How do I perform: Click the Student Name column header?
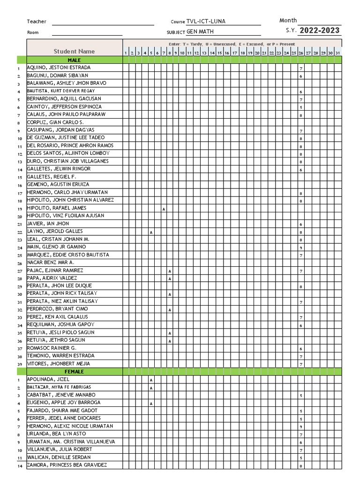point(74,51)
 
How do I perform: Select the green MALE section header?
point(74,60)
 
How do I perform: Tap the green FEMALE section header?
point(74,371)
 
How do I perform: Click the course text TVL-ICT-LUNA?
point(206,22)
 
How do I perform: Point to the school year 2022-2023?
point(320,31)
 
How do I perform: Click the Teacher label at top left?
point(37,22)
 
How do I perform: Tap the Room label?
point(33,32)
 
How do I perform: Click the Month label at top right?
point(288,20)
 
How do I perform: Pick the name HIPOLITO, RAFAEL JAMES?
point(57,208)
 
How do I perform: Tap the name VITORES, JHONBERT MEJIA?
point(59,363)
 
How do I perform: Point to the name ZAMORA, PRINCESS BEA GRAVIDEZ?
point(67,465)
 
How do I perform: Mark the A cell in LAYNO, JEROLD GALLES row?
point(151,232)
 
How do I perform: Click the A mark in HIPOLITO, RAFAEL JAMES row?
point(164,209)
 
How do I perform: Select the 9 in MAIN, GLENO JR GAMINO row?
point(300,247)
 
